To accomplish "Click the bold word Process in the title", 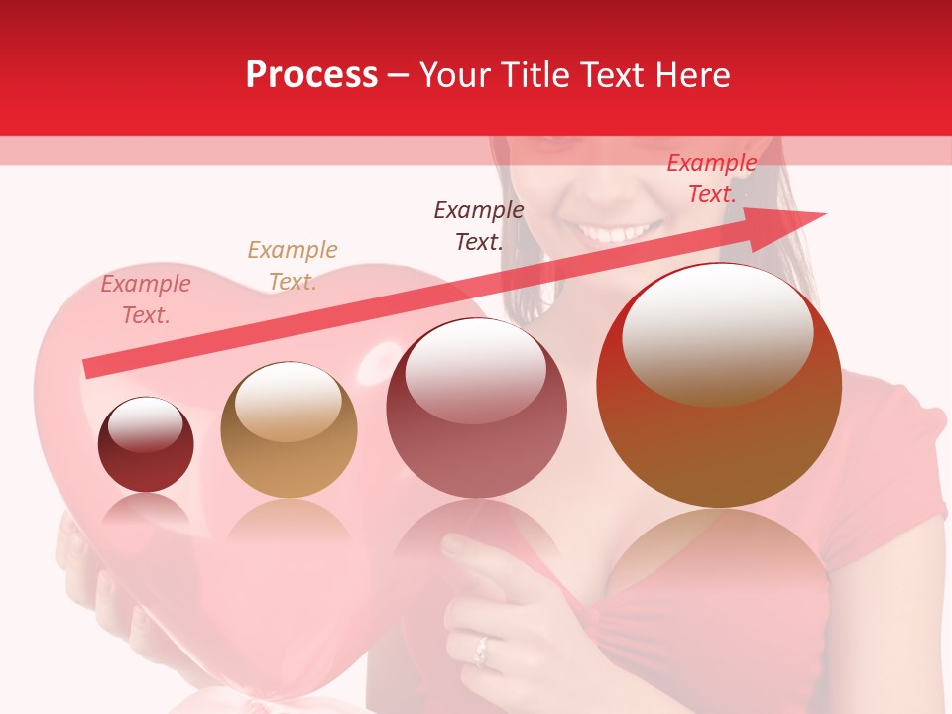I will (x=311, y=75).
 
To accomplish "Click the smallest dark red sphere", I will (x=146, y=444).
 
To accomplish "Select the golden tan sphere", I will (x=289, y=429).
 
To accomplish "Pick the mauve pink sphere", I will (x=476, y=409).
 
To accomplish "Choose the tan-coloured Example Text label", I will (x=293, y=266).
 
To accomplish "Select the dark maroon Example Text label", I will (x=479, y=226).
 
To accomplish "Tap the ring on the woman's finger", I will (x=482, y=651).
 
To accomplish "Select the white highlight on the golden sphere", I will (x=288, y=402).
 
